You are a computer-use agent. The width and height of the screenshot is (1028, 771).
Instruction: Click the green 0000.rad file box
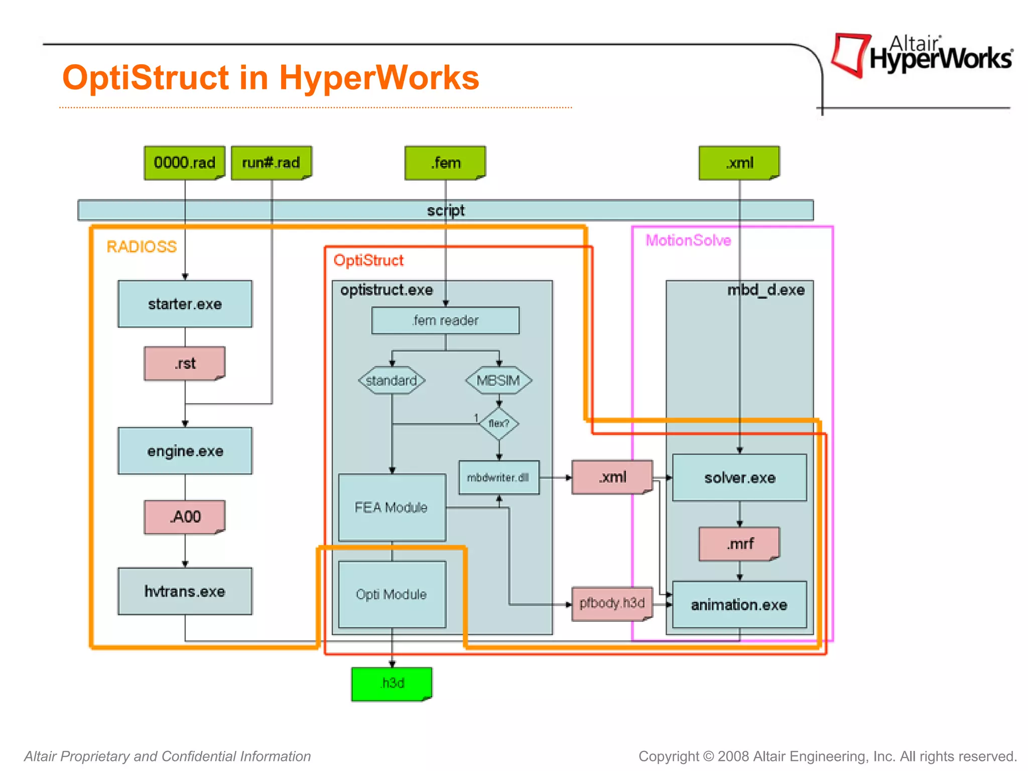tap(184, 163)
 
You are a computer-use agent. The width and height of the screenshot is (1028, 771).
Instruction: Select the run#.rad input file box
tap(271, 163)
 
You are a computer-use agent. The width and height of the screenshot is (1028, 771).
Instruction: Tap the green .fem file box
tap(445, 163)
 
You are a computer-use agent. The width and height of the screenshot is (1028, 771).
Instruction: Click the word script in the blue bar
tap(446, 210)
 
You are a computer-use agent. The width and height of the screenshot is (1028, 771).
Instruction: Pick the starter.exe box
tap(185, 304)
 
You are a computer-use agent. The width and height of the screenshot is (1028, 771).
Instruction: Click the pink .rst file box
tap(185, 363)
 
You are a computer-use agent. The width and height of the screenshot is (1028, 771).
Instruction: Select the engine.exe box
tap(185, 451)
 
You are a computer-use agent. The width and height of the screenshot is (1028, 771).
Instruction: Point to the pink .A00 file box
tap(185, 517)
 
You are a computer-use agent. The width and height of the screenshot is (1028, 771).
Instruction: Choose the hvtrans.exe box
tap(185, 591)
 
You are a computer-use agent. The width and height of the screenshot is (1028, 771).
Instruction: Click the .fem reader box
tap(445, 320)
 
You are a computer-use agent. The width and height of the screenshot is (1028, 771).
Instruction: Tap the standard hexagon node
tap(392, 380)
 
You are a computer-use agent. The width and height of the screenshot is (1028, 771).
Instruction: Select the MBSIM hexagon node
tap(498, 380)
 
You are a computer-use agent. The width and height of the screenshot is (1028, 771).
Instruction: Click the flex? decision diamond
tap(499, 424)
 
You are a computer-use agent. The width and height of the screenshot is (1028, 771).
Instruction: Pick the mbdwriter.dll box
tap(499, 477)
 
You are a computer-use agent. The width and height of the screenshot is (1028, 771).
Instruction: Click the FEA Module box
tap(392, 507)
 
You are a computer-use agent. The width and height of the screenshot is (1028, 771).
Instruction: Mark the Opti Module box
tap(392, 594)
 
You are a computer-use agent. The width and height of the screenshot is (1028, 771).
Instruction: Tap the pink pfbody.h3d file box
tap(612, 603)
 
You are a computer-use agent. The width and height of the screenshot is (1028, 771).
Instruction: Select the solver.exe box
tap(739, 477)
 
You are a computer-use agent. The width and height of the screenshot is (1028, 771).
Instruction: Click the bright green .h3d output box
tap(392, 684)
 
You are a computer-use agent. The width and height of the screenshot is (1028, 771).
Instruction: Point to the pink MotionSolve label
tap(688, 240)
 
